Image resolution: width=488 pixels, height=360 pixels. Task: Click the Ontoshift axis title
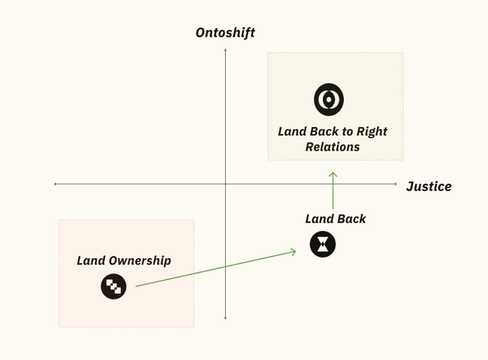coord(225,33)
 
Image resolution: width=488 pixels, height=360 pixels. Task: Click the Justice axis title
coord(429,186)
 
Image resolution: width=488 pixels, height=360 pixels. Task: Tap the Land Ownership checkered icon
coord(114,286)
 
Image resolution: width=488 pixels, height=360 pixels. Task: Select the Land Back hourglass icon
coord(323,244)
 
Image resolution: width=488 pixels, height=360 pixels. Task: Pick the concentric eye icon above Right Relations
coord(329,100)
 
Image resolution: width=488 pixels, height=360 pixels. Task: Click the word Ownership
coord(140,261)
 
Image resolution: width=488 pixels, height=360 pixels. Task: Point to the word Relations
coord(332,147)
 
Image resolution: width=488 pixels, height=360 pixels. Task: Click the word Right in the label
coord(372,131)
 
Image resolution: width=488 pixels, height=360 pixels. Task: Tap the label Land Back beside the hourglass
coord(336,219)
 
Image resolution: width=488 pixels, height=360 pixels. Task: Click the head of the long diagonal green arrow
coord(295,251)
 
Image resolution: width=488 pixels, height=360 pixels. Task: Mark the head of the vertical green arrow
coord(333,173)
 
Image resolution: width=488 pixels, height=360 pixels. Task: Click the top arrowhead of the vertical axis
coord(225,50)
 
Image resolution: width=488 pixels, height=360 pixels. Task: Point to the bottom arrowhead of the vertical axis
coord(225,318)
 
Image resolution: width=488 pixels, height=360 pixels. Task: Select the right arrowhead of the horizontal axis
coord(396,184)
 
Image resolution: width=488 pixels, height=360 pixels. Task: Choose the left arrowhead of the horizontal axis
coord(55,184)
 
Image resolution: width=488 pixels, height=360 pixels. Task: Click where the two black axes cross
coord(225,184)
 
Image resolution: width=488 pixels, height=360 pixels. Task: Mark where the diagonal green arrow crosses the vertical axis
coord(225,266)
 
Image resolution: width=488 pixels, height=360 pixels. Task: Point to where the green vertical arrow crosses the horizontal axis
coord(333,184)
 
